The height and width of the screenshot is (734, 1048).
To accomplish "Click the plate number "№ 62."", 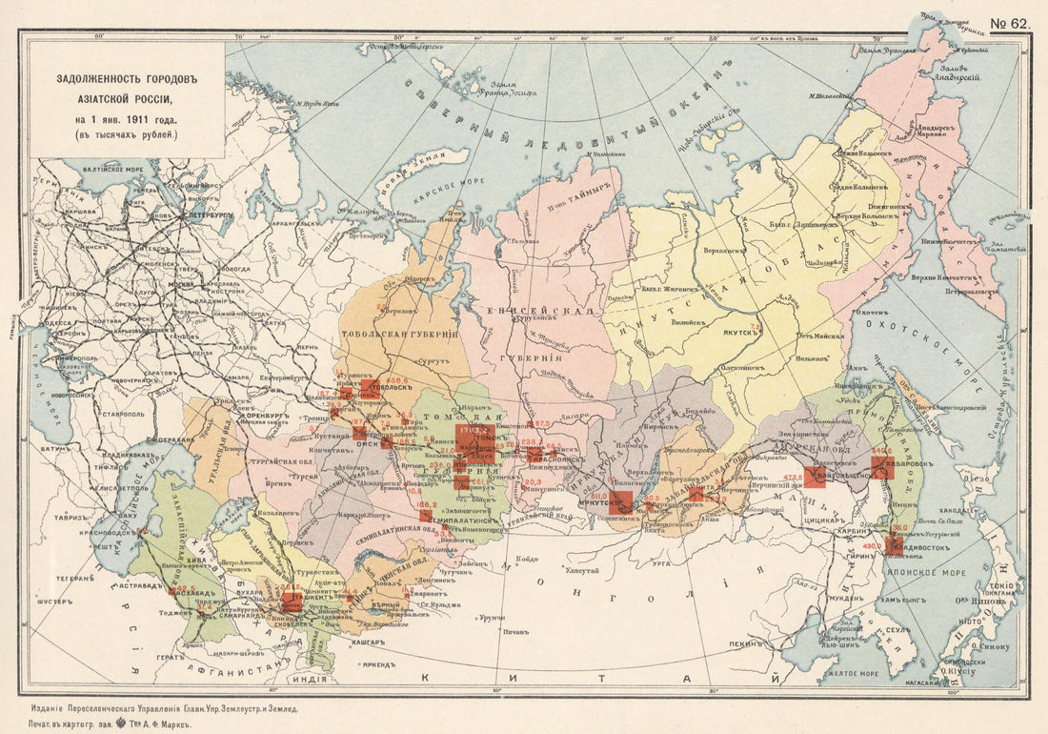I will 1009,22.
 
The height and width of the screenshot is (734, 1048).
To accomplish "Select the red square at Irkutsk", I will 621,501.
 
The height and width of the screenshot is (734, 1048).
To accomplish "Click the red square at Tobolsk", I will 371,389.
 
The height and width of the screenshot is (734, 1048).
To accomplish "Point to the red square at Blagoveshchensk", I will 815,477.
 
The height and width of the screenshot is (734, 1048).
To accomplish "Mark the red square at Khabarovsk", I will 882,467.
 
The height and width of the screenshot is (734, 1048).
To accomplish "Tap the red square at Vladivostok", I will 894,546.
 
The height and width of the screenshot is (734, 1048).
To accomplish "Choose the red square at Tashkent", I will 292,601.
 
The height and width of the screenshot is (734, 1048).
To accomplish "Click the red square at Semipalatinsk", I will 426,516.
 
